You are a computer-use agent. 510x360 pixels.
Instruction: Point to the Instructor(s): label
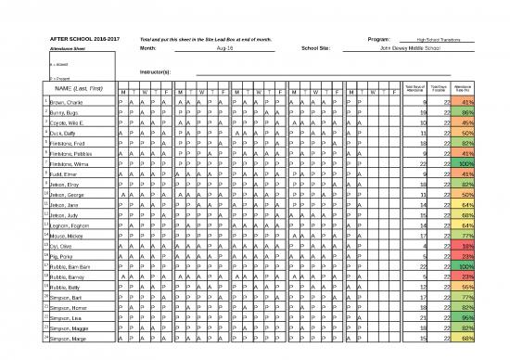tap(155, 71)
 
